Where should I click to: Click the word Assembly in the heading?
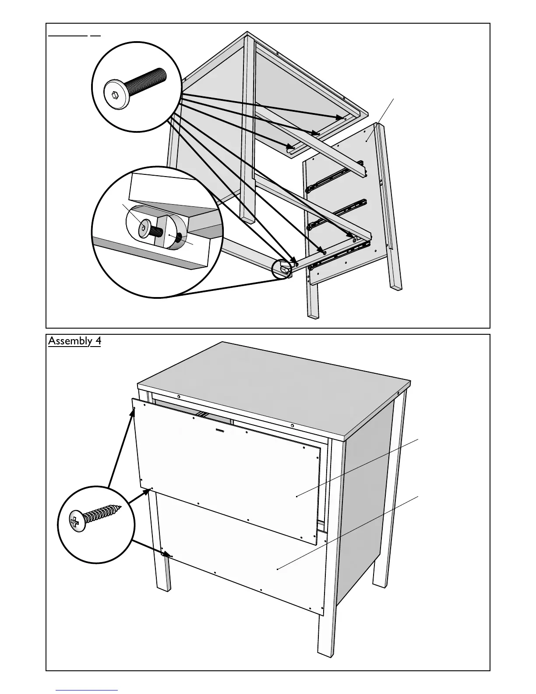coord(68,341)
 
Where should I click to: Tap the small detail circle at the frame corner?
coord(282,269)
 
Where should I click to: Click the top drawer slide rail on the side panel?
coord(335,175)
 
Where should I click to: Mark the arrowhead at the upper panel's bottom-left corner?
coord(148,490)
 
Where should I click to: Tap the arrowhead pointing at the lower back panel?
coord(168,555)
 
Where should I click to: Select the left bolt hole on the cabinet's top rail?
coord(179,397)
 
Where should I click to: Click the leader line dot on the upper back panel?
coord(296,496)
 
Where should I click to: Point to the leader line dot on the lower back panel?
coord(278,569)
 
